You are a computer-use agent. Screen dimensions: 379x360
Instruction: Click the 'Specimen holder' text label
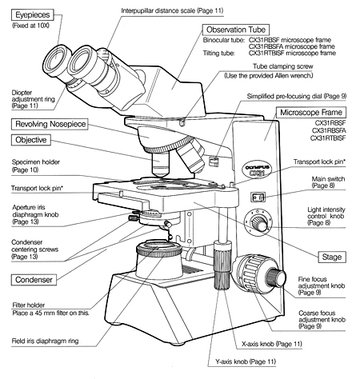(31, 162)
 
